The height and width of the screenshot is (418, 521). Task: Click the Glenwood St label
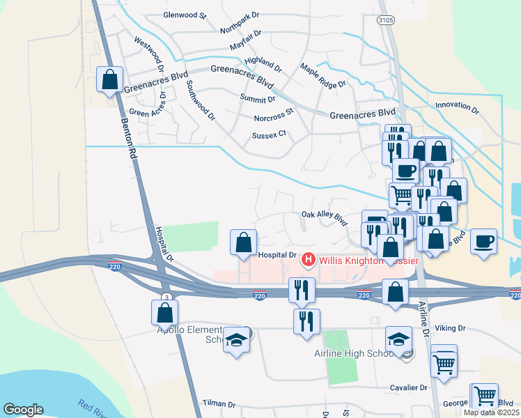click(x=185, y=15)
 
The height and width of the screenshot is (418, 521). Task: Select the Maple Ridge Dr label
click(x=322, y=75)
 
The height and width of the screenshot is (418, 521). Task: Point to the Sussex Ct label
click(x=269, y=134)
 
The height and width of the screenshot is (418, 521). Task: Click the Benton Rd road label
click(x=127, y=139)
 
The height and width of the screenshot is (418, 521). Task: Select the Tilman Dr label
click(x=219, y=403)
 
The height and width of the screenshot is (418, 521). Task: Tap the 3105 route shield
click(x=385, y=21)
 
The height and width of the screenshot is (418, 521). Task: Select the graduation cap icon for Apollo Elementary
click(x=237, y=340)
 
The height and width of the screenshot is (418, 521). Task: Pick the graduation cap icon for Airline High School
click(x=398, y=339)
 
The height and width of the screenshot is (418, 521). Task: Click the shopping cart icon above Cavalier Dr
click(x=444, y=360)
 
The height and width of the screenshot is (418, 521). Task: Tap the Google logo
click(x=23, y=410)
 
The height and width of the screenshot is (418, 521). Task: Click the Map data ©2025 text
click(x=491, y=412)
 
